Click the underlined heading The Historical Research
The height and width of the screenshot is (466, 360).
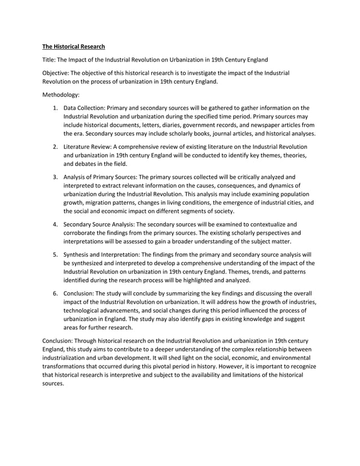click(x=73, y=46)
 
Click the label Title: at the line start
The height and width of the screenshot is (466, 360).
click(x=51, y=60)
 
